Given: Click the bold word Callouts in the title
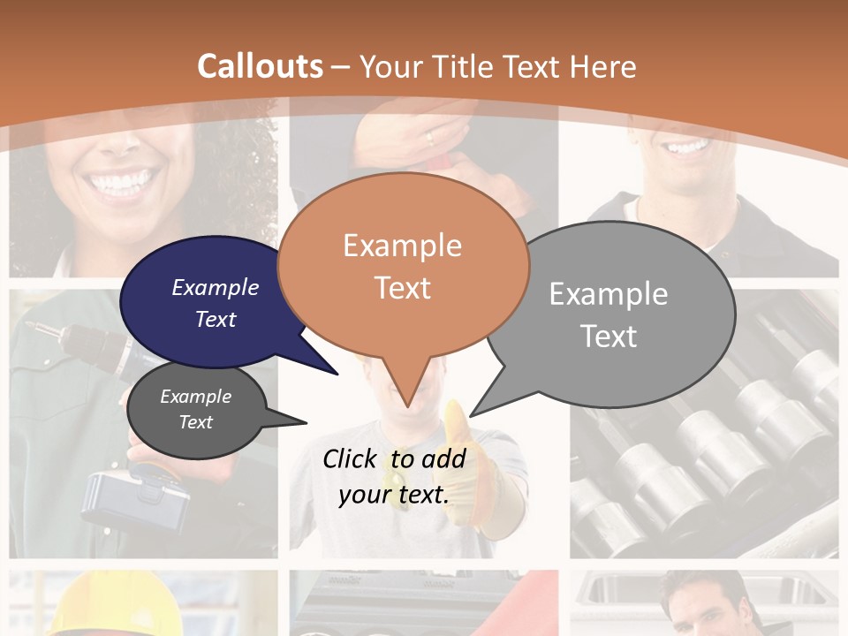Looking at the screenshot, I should tap(260, 66).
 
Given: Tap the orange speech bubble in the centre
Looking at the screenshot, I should tap(403, 265).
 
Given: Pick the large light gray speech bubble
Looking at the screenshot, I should tap(618, 314).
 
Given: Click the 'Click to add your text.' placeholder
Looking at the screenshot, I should tap(394, 476).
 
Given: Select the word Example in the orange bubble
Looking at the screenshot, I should tap(402, 246).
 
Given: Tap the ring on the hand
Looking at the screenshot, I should tap(429, 138).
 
